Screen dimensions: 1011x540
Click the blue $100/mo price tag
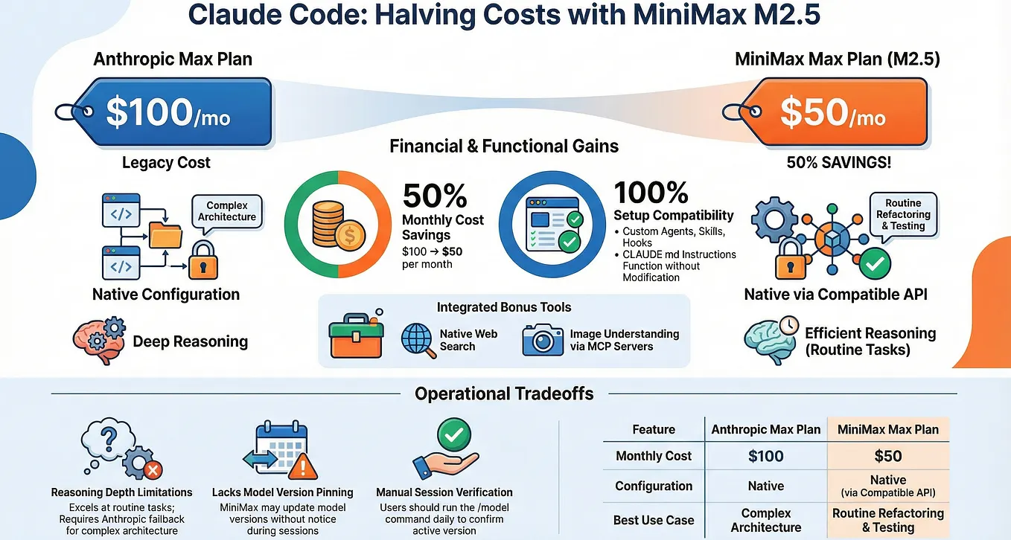pos(171,112)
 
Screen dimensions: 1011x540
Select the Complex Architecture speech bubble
pos(226,213)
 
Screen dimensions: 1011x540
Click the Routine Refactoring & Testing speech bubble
pos(903,216)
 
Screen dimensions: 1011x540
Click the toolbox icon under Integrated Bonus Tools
pos(357,335)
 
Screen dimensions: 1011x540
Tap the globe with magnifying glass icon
pos(418,341)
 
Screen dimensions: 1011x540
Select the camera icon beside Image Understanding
pos(543,340)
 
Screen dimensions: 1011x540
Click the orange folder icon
pos(165,235)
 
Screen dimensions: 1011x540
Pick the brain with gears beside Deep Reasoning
pos(99,340)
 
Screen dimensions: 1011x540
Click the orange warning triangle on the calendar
pos(303,466)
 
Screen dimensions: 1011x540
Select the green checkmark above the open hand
pos(454,434)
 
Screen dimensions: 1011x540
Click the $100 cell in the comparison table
pos(766,456)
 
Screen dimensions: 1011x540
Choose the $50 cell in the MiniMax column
pos(888,456)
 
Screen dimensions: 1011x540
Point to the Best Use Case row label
pos(654,520)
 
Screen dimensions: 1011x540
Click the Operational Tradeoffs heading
pos(504,393)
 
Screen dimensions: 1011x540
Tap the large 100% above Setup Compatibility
pos(651,193)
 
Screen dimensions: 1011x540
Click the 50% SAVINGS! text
pos(839,162)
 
